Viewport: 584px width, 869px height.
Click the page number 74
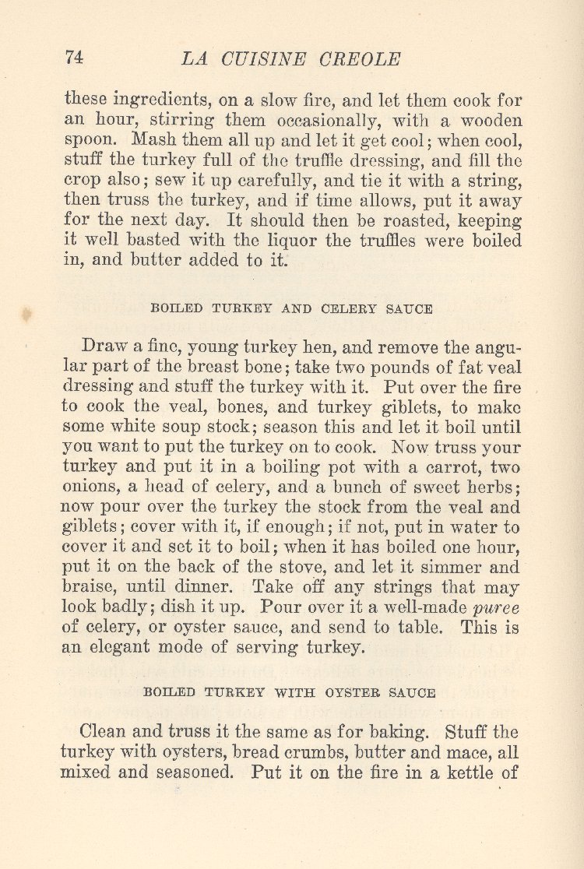point(74,58)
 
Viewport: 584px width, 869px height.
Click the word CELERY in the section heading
point(327,308)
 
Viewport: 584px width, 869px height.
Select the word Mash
point(153,141)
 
